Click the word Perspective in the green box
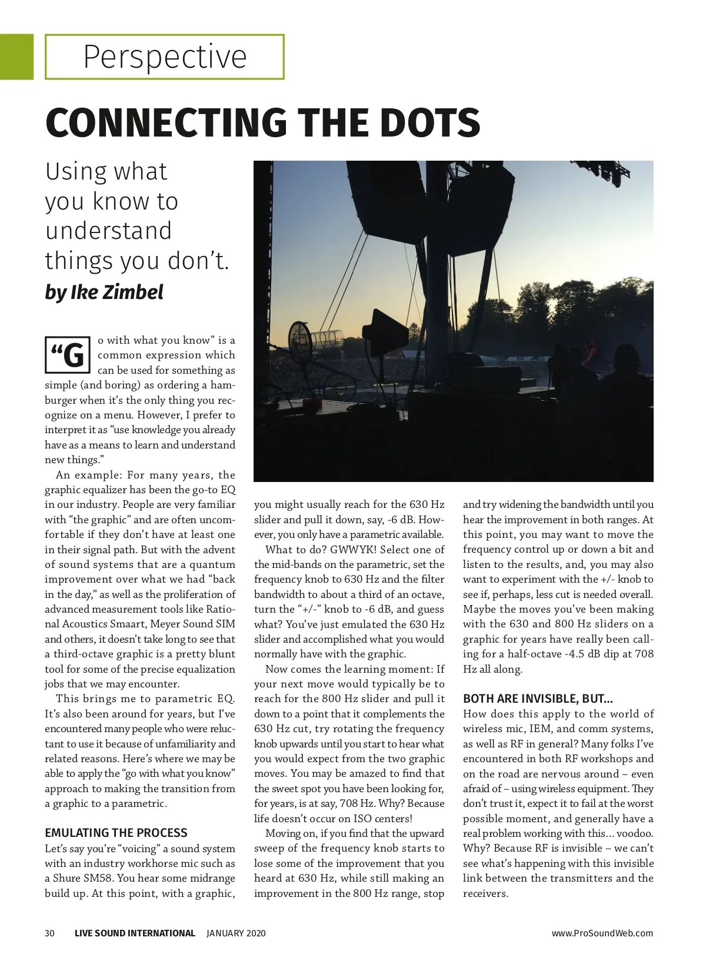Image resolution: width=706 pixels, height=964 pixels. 165,57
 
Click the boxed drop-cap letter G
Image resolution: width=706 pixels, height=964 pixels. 68,355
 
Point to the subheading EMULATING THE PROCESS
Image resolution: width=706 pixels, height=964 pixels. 116,833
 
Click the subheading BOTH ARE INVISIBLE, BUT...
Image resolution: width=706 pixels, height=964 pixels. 538,699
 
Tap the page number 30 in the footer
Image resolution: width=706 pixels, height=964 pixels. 50,933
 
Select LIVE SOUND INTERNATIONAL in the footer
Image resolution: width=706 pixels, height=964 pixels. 135,933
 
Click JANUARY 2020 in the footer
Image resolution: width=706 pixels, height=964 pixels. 236,933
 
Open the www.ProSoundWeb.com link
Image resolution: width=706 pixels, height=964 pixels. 602,933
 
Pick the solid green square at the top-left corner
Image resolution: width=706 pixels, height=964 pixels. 16,56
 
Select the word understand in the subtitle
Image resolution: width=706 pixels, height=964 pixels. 109,231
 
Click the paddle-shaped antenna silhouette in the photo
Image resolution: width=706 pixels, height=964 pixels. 382,330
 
